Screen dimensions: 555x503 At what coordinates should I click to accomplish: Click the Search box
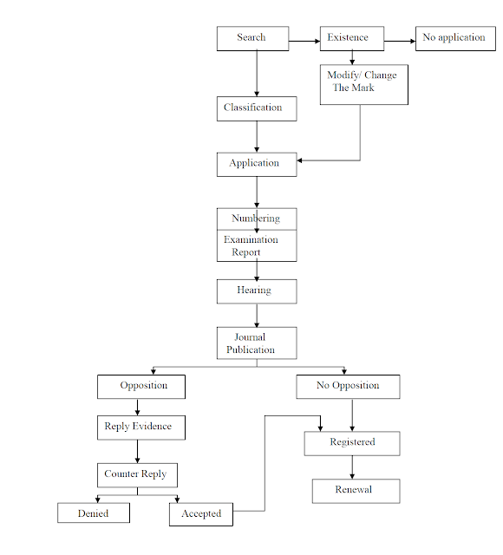point(252,38)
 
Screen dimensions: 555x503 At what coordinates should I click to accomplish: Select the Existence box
point(351,38)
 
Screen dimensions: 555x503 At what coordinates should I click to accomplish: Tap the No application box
point(455,38)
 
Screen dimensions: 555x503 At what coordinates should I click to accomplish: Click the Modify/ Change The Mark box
point(363,84)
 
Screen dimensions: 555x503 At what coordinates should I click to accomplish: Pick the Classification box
point(256,108)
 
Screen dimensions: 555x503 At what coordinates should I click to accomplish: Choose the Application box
point(256,164)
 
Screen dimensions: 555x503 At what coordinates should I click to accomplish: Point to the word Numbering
point(256,219)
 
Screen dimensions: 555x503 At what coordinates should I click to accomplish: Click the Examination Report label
point(251,246)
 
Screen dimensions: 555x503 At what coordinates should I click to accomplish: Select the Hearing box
point(256,291)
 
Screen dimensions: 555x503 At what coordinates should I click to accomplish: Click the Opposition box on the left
point(143,386)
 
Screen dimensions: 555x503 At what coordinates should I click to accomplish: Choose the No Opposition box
point(348,386)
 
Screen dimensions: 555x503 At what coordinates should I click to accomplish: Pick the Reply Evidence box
point(140,427)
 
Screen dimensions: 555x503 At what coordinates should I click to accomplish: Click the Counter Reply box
point(137,474)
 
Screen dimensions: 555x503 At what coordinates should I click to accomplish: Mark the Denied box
point(94,513)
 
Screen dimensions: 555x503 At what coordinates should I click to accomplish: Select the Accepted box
point(201,514)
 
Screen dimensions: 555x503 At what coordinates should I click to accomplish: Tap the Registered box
point(351,442)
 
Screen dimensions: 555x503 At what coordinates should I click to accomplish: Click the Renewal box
point(355,490)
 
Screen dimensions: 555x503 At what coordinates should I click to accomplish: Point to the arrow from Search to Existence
point(304,41)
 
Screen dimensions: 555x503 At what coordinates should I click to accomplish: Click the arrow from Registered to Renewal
point(352,467)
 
